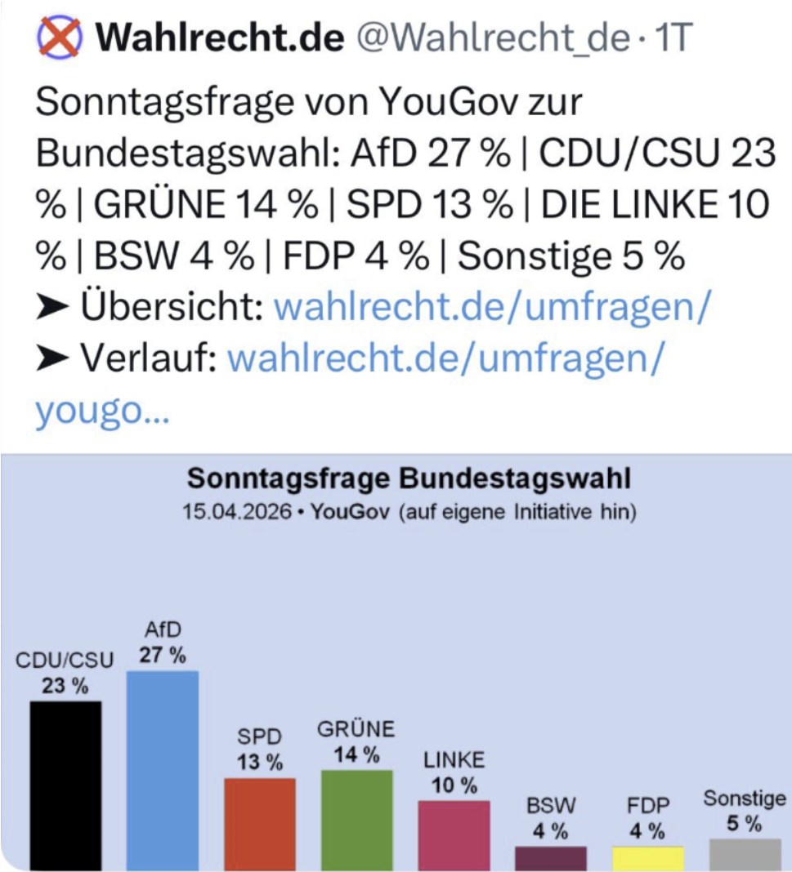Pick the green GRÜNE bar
click(x=356, y=819)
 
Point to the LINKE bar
click(x=454, y=834)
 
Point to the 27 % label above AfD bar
click(x=162, y=655)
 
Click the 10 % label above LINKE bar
click(x=454, y=785)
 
